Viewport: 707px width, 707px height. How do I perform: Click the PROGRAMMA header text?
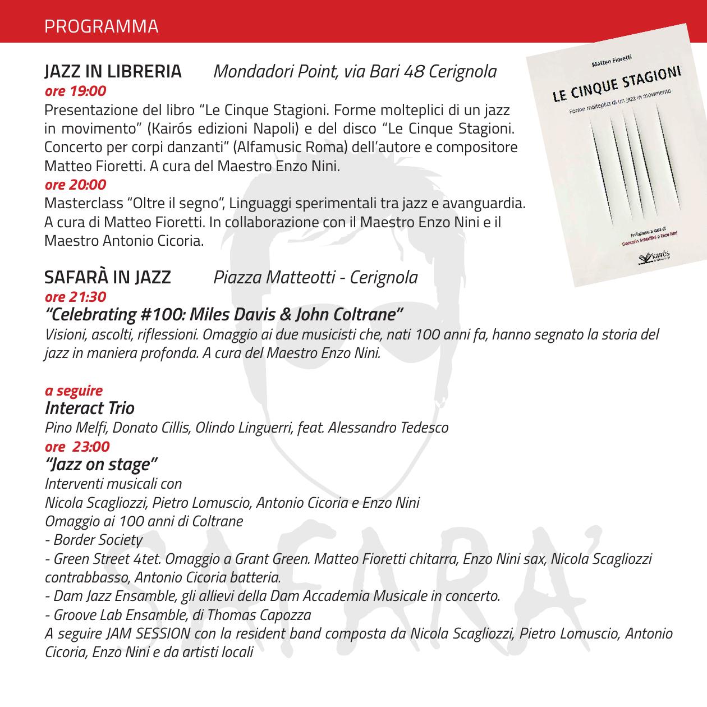pos(101,26)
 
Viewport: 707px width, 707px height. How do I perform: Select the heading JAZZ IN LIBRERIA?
pos(113,72)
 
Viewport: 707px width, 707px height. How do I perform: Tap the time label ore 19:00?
pos(75,90)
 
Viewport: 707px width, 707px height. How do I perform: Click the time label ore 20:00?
pos(75,184)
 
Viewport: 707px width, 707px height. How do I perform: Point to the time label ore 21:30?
pos(75,296)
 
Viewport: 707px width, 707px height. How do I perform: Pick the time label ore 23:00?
pos(77,447)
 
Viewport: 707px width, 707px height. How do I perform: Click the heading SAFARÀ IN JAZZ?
pos(108,277)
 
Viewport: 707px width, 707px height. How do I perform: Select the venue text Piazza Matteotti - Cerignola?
pos(315,277)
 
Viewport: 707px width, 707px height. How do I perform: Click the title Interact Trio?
pos(89,408)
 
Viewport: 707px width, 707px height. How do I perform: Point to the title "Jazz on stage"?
pos(101,465)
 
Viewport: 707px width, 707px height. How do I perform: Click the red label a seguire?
pos(74,390)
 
